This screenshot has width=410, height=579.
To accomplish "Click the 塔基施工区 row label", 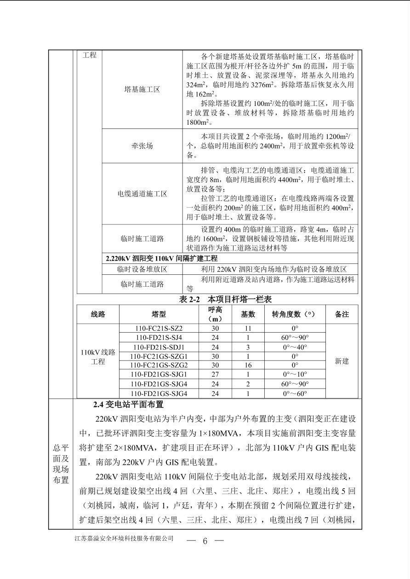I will click(142, 89).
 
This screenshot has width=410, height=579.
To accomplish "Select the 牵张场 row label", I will click(142, 146).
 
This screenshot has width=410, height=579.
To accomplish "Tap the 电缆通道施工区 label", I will click(142, 194).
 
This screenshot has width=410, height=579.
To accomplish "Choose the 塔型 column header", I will click(159, 314).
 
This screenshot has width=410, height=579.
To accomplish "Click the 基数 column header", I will click(248, 314).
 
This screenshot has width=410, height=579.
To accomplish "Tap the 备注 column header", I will click(342, 314).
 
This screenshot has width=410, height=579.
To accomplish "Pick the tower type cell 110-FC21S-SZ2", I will click(159, 328).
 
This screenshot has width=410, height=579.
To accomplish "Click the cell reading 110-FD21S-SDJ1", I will click(159, 347).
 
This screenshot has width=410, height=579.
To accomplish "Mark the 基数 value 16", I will click(248, 365).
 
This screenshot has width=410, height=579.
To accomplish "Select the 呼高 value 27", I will click(215, 374).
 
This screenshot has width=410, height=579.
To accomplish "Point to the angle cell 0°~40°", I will click(295, 347).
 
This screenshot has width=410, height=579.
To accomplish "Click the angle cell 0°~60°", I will click(295, 393).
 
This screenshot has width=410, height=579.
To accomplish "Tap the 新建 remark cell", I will click(342, 361).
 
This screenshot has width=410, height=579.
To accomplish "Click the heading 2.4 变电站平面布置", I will click(128, 405).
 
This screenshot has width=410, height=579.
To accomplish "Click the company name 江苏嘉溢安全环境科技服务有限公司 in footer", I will click(124, 538).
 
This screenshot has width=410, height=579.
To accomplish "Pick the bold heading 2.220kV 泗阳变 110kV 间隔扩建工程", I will click(162, 258).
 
